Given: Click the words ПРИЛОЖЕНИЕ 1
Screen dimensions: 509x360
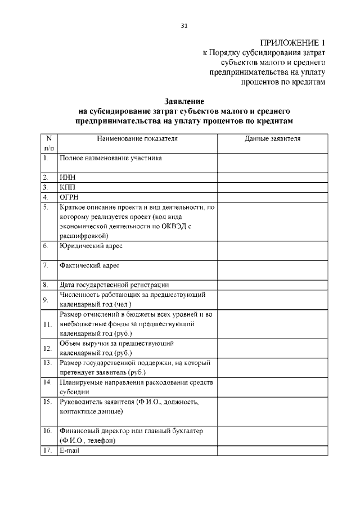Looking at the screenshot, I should (292, 43).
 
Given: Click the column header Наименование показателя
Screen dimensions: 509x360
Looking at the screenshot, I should (137, 138).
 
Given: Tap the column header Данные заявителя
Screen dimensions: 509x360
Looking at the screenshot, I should (272, 138).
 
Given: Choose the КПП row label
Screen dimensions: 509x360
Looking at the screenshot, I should (67, 187).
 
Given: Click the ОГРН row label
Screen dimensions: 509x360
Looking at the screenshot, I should (69, 197).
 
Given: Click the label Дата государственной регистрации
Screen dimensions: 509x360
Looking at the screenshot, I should (114, 285).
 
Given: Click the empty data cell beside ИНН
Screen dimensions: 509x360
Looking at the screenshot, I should (272, 177).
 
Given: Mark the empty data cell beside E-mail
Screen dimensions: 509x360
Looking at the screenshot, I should (272, 451).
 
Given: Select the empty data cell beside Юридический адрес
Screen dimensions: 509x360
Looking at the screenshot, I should (272, 250).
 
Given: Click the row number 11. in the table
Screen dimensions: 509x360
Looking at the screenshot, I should (48, 325).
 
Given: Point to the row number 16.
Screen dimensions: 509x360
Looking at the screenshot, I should (48, 430).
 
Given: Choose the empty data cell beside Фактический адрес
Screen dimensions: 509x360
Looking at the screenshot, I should (272, 269).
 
